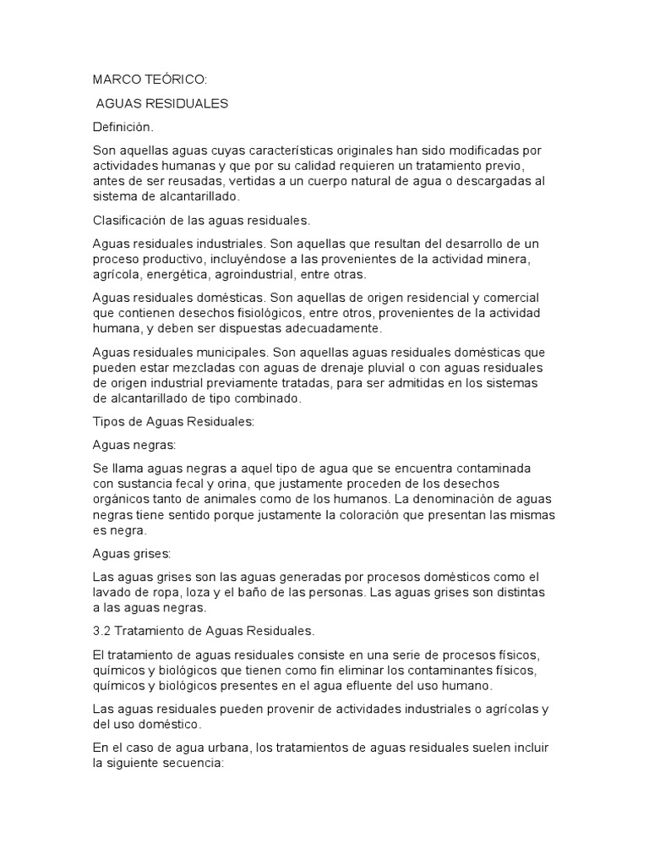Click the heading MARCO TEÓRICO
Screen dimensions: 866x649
[149, 80]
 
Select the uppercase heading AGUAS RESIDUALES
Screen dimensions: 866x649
[162, 104]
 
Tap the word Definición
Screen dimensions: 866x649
[123, 127]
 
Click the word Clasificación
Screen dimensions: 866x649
[131, 221]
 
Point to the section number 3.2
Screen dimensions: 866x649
[102, 632]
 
